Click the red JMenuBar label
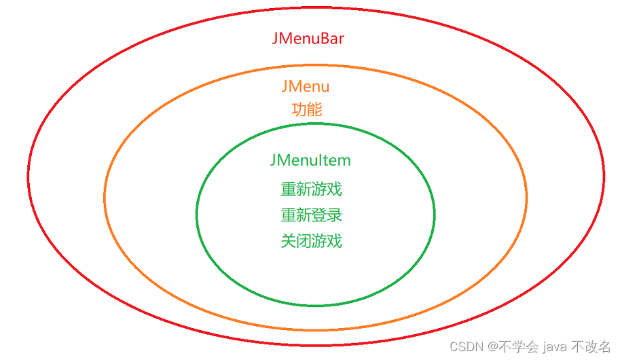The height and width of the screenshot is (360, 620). click(x=308, y=38)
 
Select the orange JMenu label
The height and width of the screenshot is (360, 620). click(x=306, y=87)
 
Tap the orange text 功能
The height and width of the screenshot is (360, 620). click(x=306, y=109)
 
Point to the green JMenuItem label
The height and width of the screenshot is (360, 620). click(x=310, y=160)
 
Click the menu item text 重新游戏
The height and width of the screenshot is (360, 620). click(x=311, y=189)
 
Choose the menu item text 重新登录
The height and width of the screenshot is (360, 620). click(x=311, y=215)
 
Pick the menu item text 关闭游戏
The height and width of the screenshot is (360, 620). click(x=311, y=241)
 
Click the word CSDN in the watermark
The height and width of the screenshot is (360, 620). click(x=467, y=346)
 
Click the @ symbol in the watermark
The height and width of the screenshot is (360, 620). click(x=492, y=346)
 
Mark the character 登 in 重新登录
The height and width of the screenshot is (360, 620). click(x=319, y=215)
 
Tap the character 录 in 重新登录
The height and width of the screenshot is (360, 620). click(x=334, y=215)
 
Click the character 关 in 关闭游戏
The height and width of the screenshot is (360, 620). click(x=289, y=241)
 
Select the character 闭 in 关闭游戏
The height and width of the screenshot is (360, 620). click(x=304, y=241)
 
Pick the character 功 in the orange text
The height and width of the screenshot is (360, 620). click(x=299, y=109)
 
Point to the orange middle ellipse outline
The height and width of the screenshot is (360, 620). click(x=105, y=197)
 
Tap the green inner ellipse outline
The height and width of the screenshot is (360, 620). click(x=196, y=214)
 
